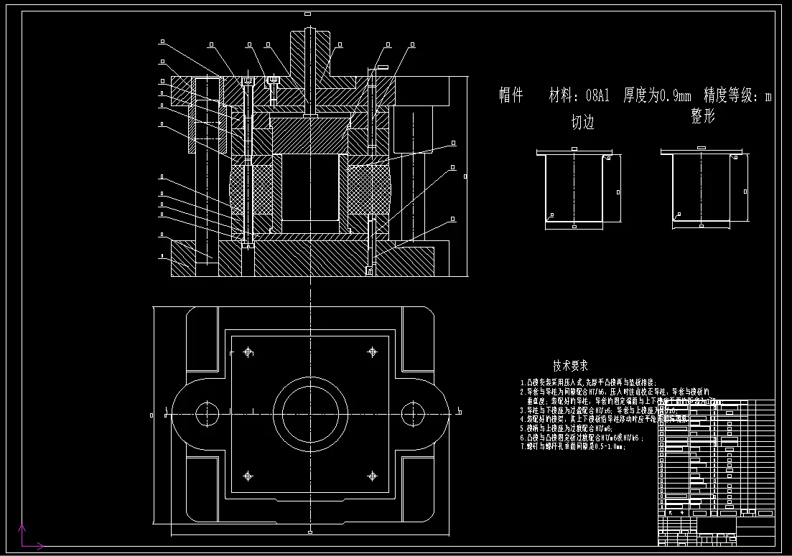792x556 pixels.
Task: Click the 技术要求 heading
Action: [x=571, y=366]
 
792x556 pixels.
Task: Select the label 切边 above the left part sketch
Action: [x=582, y=123]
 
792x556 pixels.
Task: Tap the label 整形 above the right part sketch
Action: [x=703, y=116]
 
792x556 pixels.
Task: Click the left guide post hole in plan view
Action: [x=209, y=413]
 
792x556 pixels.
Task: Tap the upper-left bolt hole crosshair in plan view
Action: [x=248, y=352]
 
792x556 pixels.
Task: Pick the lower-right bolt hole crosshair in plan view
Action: [x=372, y=475]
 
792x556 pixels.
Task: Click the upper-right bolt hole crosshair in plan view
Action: [x=372, y=352]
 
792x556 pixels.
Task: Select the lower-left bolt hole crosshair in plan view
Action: [x=248, y=475]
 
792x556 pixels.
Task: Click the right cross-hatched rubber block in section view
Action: [x=368, y=190]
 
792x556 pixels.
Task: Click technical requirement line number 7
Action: [x=573, y=446]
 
